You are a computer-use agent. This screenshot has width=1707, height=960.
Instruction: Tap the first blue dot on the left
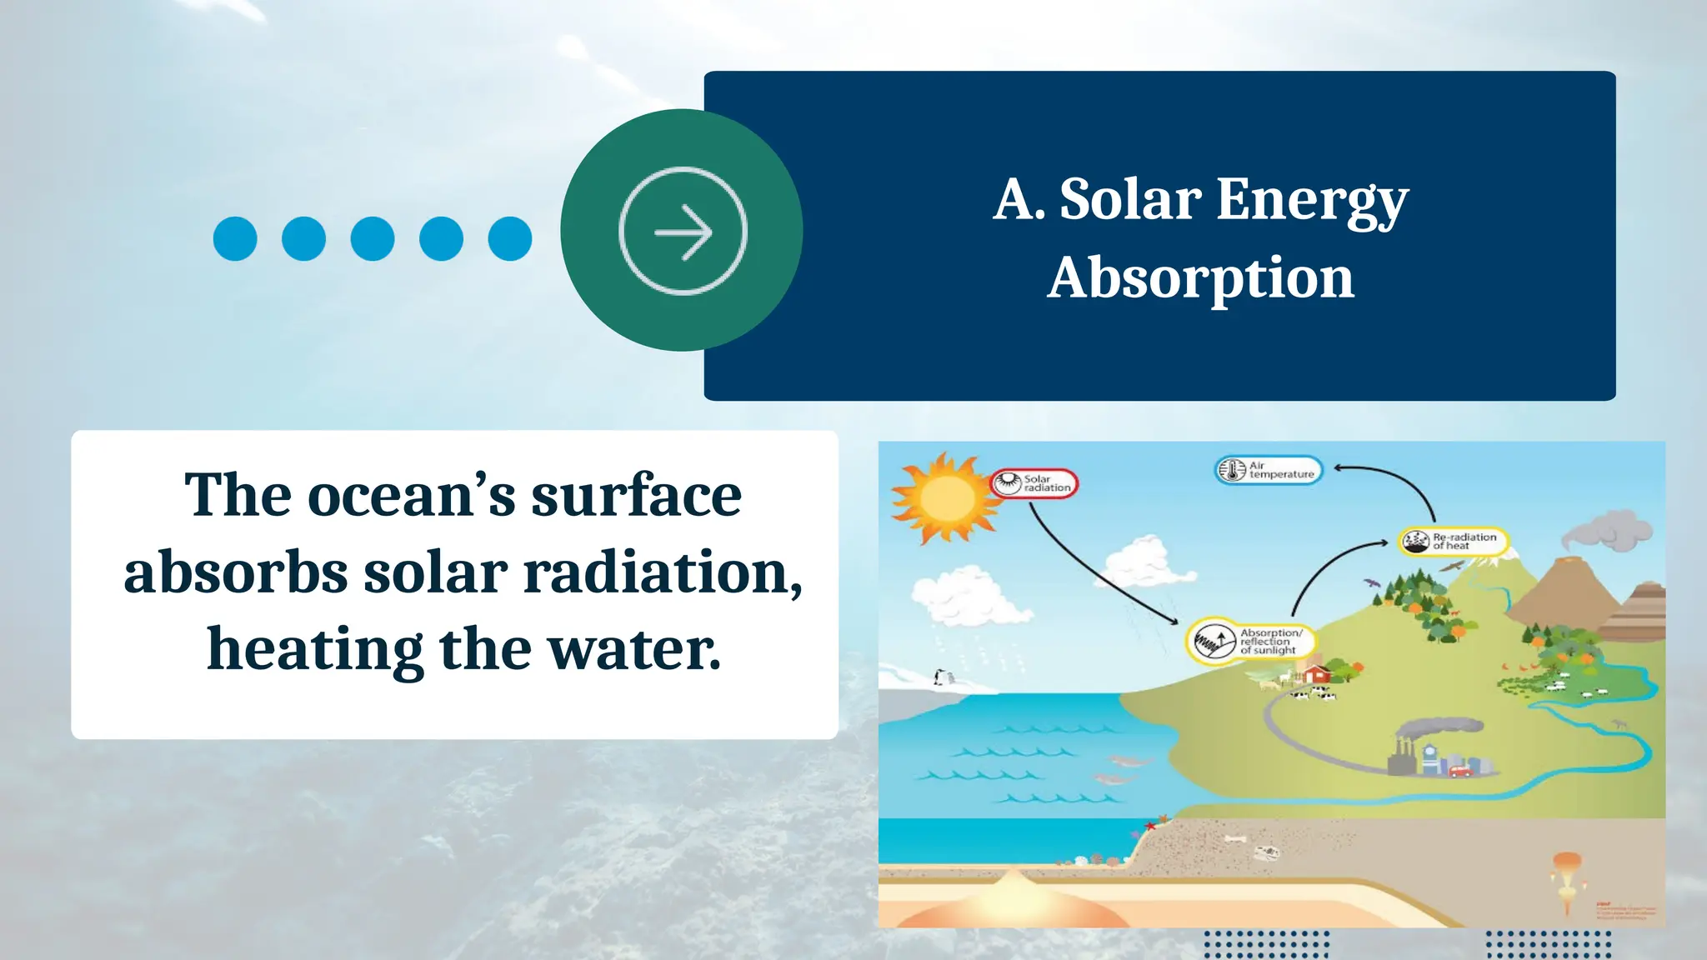(x=235, y=239)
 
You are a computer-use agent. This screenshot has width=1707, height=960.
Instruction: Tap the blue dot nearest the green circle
(x=510, y=239)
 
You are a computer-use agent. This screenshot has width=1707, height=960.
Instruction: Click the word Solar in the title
(x=1129, y=200)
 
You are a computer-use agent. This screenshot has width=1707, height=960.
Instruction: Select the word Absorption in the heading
(x=1200, y=278)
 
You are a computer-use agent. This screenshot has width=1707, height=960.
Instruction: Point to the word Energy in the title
(x=1312, y=202)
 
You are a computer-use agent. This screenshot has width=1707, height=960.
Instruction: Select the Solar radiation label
(x=1034, y=483)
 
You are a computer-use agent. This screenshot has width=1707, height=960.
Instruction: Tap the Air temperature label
(x=1268, y=470)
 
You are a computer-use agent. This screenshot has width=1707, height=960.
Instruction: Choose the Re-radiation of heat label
(x=1454, y=542)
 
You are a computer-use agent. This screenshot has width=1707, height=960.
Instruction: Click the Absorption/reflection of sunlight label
(x=1249, y=641)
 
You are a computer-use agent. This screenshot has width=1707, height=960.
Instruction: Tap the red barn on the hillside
(x=1314, y=673)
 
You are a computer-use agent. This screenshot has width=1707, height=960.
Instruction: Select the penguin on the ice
(x=940, y=677)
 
